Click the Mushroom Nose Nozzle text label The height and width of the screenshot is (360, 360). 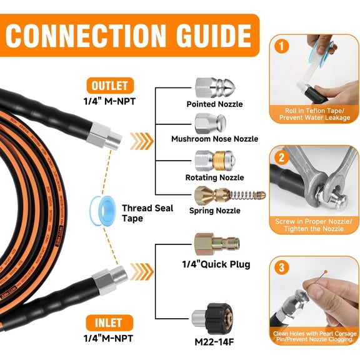214,139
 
